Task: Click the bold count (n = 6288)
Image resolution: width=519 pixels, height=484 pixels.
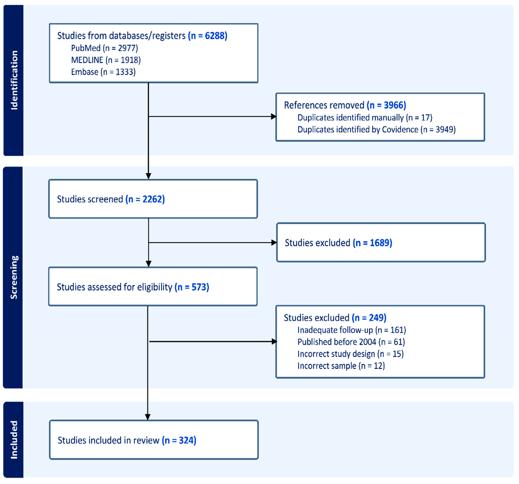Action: click(208, 36)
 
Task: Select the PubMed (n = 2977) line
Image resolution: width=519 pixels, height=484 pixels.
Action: click(104, 48)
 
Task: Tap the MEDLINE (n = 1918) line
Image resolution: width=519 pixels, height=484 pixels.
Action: click(106, 60)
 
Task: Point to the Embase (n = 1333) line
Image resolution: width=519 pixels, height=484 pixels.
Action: click(103, 72)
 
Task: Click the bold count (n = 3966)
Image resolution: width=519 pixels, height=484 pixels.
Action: click(386, 105)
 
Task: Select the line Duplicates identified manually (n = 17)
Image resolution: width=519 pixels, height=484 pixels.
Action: click(365, 118)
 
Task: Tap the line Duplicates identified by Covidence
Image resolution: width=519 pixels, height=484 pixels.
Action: click(376, 129)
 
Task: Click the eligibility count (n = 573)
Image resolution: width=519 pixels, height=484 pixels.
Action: click(192, 287)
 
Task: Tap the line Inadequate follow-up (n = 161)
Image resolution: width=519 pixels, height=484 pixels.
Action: click(352, 330)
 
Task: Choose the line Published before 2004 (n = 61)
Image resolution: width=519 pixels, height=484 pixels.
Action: click(351, 342)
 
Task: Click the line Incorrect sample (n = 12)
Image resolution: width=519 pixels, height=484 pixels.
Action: click(341, 366)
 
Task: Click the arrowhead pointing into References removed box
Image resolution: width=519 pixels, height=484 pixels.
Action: click(273, 117)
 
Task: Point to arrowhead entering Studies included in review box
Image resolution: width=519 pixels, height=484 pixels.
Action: click(148, 417)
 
